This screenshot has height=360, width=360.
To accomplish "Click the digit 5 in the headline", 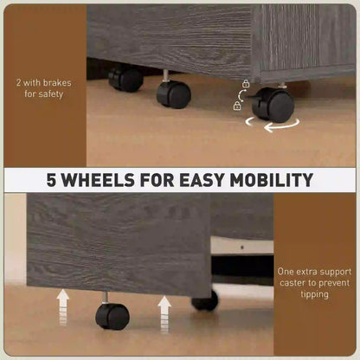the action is point(52,180).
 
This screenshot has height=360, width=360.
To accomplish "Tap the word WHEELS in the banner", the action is point(99,180).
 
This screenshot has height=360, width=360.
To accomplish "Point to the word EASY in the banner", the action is point(202,180).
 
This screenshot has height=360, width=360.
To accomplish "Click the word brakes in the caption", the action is point(56,83).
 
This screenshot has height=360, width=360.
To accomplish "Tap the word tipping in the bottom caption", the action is point(314,294).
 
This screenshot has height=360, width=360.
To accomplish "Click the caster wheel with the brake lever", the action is point(273,105).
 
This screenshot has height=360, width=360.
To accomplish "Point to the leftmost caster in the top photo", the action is point(125,79).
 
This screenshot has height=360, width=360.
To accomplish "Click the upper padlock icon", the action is point(246,84).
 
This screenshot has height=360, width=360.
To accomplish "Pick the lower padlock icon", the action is point(237,106).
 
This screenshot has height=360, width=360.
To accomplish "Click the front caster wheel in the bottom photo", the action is point(112,317).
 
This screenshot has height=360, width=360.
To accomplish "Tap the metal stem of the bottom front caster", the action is point(106,298).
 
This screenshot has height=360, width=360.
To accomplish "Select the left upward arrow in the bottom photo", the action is point(63,307).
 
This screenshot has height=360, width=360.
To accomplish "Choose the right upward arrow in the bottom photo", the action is point(164,314).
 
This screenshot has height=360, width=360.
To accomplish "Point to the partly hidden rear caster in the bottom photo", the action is point(205,301).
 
